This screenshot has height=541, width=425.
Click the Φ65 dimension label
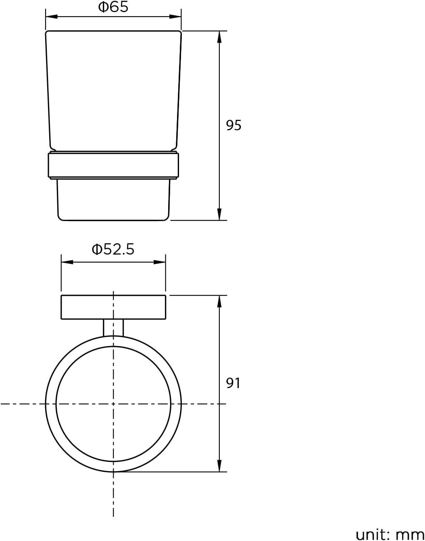point(113,7)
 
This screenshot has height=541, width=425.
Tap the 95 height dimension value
point(233,125)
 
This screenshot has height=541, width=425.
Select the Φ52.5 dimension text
point(113,249)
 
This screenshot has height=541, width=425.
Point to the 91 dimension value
point(233,383)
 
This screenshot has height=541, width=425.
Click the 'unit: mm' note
point(390,534)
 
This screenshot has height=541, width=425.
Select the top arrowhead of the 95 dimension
point(219,37)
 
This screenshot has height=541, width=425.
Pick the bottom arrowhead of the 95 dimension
point(219,214)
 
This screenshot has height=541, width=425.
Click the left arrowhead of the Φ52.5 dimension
point(67,262)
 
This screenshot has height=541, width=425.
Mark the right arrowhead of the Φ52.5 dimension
point(160,262)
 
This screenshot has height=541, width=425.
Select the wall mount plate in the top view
point(113,307)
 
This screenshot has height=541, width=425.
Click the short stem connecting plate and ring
point(113,327)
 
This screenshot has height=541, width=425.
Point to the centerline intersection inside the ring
point(113,403)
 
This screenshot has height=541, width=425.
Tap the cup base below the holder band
point(113,200)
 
